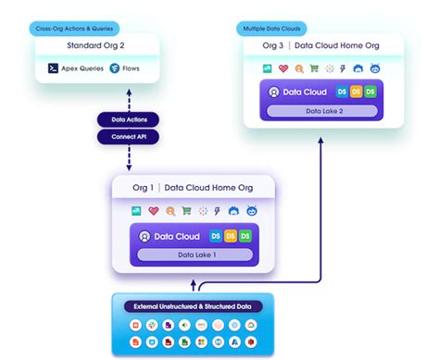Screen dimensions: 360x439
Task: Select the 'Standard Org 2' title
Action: pyautogui.click(x=96, y=45)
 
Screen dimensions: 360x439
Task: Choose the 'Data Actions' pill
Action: pyautogui.click(x=129, y=120)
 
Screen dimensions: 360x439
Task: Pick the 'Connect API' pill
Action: pyautogui.click(x=129, y=137)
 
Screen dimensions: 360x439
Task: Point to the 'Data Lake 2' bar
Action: pyautogui.click(x=322, y=111)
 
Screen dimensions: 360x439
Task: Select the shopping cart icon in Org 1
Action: pyautogui.click(x=187, y=211)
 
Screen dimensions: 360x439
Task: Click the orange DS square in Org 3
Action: pyautogui.click(x=356, y=92)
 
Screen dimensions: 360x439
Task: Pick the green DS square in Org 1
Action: pyautogui.click(x=245, y=236)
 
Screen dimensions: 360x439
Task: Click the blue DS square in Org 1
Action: pyautogui.click(x=216, y=236)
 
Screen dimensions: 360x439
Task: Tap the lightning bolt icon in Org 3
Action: pyautogui.click(x=344, y=68)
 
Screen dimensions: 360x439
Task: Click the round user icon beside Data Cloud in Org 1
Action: pyautogui.click(x=144, y=236)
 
